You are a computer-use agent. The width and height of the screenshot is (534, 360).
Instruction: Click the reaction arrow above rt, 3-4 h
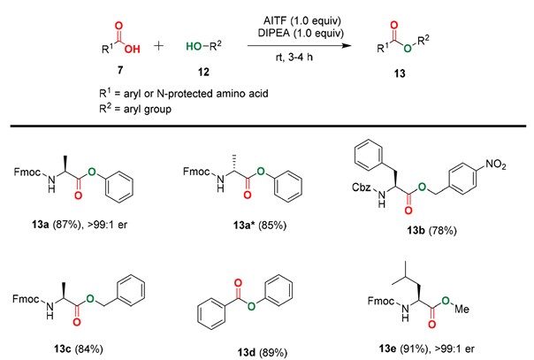click(x=300, y=45)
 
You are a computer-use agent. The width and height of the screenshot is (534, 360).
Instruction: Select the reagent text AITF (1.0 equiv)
click(x=302, y=20)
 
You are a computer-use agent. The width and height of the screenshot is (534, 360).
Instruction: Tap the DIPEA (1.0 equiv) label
click(x=301, y=33)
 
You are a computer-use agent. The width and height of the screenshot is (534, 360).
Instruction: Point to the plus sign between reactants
click(x=159, y=46)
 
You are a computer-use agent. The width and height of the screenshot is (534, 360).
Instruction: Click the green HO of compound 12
click(x=194, y=46)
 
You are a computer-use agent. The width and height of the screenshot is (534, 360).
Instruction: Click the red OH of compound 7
click(x=132, y=50)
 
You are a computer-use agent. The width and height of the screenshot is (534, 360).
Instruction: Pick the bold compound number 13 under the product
click(x=400, y=73)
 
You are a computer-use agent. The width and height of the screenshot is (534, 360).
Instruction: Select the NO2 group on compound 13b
click(x=495, y=165)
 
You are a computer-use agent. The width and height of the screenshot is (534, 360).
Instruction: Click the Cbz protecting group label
click(x=362, y=187)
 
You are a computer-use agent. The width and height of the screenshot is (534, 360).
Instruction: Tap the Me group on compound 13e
click(x=462, y=309)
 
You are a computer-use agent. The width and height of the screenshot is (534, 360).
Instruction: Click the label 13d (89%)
click(x=263, y=352)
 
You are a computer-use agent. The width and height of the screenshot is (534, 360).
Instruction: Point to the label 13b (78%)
click(x=431, y=231)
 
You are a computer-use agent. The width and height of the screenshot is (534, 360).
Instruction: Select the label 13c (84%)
click(x=79, y=349)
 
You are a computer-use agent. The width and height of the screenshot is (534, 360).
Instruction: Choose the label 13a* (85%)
click(x=260, y=226)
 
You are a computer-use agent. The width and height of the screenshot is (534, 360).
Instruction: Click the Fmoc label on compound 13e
click(x=381, y=301)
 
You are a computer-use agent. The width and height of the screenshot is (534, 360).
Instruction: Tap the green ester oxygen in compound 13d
click(x=251, y=306)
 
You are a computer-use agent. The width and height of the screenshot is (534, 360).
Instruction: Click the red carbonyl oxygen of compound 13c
click(x=77, y=322)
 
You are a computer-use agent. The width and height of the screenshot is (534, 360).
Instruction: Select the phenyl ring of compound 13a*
click(x=287, y=187)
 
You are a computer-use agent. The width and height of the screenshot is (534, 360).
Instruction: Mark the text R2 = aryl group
click(x=135, y=109)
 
